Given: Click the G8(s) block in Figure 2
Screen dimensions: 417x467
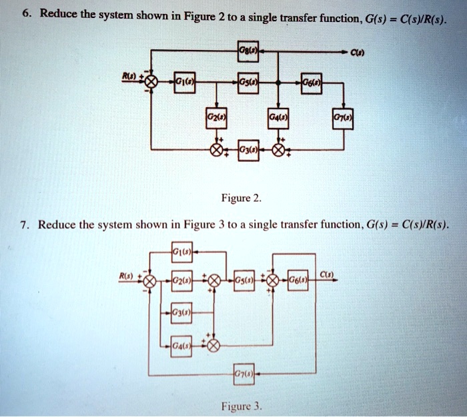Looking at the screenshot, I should pyautogui.click(x=248, y=51).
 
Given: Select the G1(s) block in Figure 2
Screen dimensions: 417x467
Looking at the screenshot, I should pyautogui.click(x=183, y=82).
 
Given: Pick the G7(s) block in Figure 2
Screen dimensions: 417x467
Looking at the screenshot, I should pyautogui.click(x=344, y=121).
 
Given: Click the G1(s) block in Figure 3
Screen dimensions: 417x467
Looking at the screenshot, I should pyautogui.click(x=181, y=250).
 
